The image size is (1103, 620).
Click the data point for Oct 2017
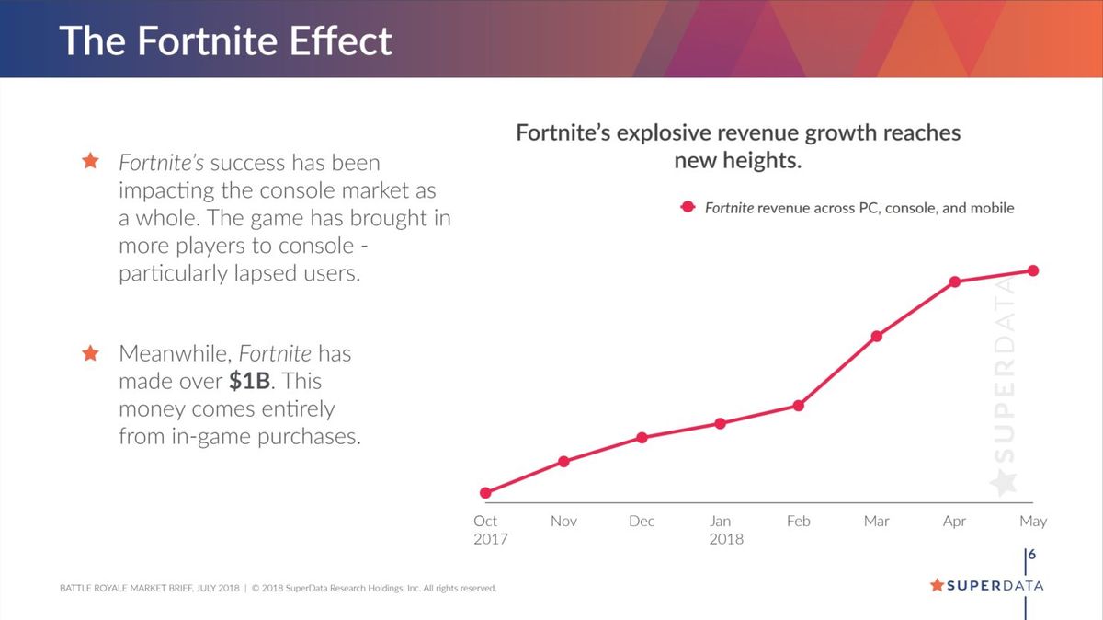coord(485,493)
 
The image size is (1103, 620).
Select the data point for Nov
coord(563,461)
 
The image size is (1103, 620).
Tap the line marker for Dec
coord(642,438)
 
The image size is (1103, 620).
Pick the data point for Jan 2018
coord(720,423)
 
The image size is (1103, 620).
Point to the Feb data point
coord(799,406)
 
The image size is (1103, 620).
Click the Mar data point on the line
coord(877,336)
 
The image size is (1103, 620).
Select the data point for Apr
coord(955,281)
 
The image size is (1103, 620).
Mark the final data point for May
coord(1033,270)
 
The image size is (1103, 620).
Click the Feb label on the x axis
coord(799,522)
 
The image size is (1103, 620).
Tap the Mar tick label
coord(877,522)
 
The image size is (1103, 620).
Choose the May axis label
coord(1033,522)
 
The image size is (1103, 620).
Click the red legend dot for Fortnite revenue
coord(687,208)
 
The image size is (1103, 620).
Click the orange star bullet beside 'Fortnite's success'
coord(90,162)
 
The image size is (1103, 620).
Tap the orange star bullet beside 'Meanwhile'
coord(90,353)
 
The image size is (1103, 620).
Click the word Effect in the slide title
coord(337,41)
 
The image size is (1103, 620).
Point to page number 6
coord(1032,555)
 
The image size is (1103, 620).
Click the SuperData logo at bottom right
coord(986,585)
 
